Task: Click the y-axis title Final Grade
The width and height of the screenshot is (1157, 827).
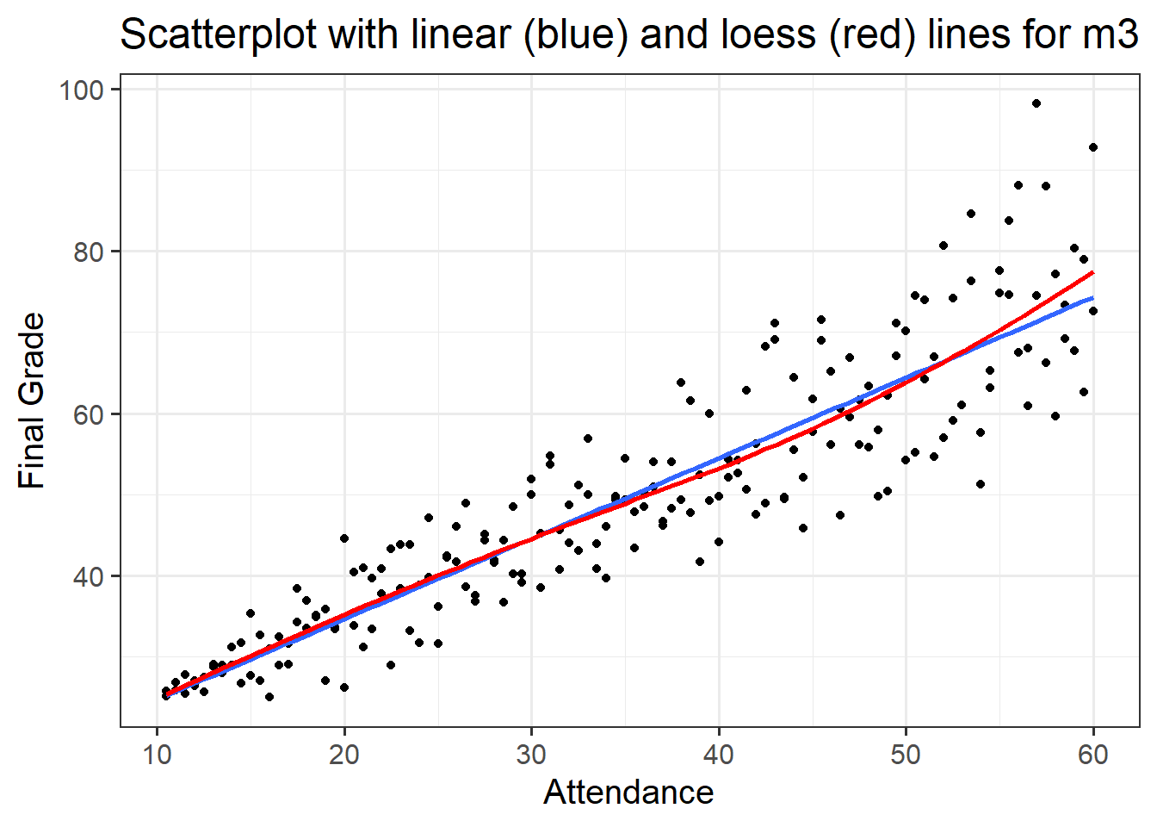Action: pyautogui.click(x=32, y=401)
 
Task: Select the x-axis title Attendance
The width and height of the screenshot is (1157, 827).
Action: pyautogui.click(x=628, y=792)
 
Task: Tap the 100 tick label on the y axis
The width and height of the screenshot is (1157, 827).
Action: pyautogui.click(x=81, y=90)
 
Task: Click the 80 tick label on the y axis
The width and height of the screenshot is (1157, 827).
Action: pyautogui.click(x=88, y=252)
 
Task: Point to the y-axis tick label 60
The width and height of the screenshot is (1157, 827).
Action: pyautogui.click(x=88, y=414)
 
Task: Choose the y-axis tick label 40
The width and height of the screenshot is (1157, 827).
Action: pyautogui.click(x=88, y=576)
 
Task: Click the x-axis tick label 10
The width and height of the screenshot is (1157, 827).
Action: pyautogui.click(x=157, y=755)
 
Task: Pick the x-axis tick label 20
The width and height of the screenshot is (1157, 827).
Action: pyautogui.click(x=344, y=755)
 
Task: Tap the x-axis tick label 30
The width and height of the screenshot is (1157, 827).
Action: pyautogui.click(x=531, y=755)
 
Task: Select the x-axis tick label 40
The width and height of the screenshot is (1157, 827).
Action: pyautogui.click(x=719, y=755)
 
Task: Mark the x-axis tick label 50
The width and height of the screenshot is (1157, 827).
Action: pyautogui.click(x=906, y=755)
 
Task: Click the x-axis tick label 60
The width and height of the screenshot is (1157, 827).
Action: pyautogui.click(x=1093, y=755)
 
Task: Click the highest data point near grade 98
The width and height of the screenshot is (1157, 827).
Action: pyautogui.click(x=1036, y=103)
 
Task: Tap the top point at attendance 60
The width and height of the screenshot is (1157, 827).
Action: pyautogui.click(x=1093, y=147)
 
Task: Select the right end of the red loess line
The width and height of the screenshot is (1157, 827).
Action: pyautogui.click(x=1092, y=273)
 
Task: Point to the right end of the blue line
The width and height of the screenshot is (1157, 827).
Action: pyautogui.click(x=1092, y=298)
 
